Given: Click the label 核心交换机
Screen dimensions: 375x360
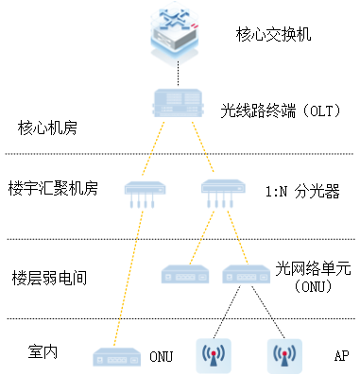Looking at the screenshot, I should (x=273, y=35).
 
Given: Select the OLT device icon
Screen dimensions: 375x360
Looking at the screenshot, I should (x=179, y=103).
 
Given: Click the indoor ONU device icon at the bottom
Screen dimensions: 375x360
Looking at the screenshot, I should (x=116, y=356).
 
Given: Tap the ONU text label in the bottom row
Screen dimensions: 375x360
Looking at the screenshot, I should (x=161, y=357).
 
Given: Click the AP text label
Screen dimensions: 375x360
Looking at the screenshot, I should (x=341, y=357).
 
